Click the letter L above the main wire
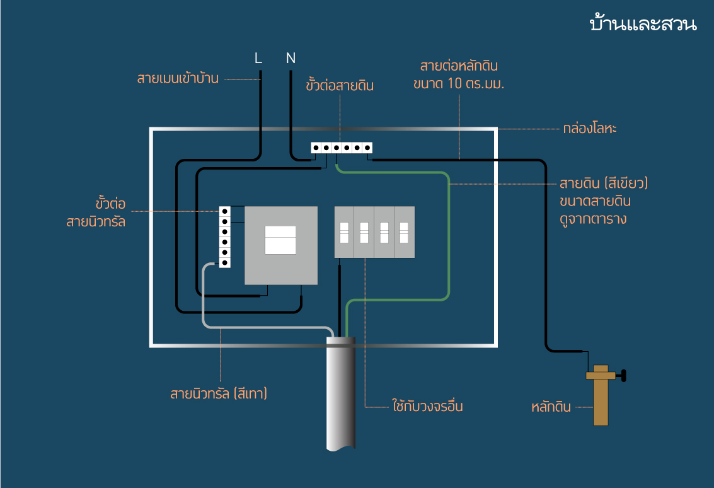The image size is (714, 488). point(258,58)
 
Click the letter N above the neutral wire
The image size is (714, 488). point(291,58)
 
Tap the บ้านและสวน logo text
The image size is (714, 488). point(643,25)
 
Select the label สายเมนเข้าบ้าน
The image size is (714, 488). point(178,79)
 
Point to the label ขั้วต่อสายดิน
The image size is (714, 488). point(340,86)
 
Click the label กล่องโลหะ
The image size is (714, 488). point(590,129)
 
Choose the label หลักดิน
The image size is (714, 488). point(552,407)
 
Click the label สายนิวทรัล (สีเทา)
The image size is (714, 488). point(219,394)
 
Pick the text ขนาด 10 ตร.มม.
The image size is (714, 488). point(460,84)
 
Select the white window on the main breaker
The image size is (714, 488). point(280,240)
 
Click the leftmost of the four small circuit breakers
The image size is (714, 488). point(344,233)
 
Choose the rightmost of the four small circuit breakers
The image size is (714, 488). point(404,233)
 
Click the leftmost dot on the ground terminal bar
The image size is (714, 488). point(316,148)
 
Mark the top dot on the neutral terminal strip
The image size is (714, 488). point(224,212)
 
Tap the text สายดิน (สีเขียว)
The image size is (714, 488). point(604,184)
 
